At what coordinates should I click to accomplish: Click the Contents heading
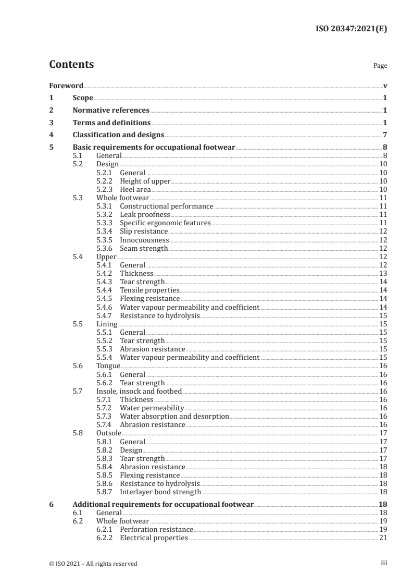[71, 65]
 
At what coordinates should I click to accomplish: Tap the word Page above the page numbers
[380, 66]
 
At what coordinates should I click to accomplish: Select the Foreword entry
[66, 86]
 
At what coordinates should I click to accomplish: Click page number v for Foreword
[385, 86]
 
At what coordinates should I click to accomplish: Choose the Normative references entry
[111, 111]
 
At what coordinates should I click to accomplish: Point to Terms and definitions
[111, 123]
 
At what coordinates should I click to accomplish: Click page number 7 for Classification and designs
[384, 135]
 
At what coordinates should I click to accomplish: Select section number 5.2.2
[105, 181]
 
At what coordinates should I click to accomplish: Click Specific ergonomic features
[165, 223]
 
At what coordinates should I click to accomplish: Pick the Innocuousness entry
[144, 240]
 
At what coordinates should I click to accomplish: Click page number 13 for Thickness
[382, 273]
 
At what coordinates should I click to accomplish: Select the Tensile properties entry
[149, 290]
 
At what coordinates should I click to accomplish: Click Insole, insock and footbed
[140, 391]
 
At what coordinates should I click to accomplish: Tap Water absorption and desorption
[174, 416]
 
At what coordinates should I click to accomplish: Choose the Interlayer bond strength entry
[160, 492]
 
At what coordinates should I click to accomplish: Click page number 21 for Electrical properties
[382, 538]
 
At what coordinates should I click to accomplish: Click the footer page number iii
[384, 563]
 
